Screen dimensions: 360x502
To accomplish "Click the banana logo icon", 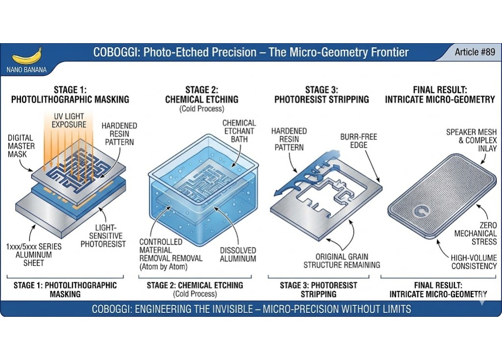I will [x=26, y=56].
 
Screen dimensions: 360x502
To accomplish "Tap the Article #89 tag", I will [x=475, y=52].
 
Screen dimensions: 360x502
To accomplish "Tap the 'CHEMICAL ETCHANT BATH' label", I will [x=239, y=131].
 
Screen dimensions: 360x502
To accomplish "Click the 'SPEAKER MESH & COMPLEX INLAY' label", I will [x=471, y=140].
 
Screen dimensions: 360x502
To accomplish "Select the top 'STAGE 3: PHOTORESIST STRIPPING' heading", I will [x=321, y=95].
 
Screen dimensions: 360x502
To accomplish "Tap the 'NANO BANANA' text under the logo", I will [x=26, y=70].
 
